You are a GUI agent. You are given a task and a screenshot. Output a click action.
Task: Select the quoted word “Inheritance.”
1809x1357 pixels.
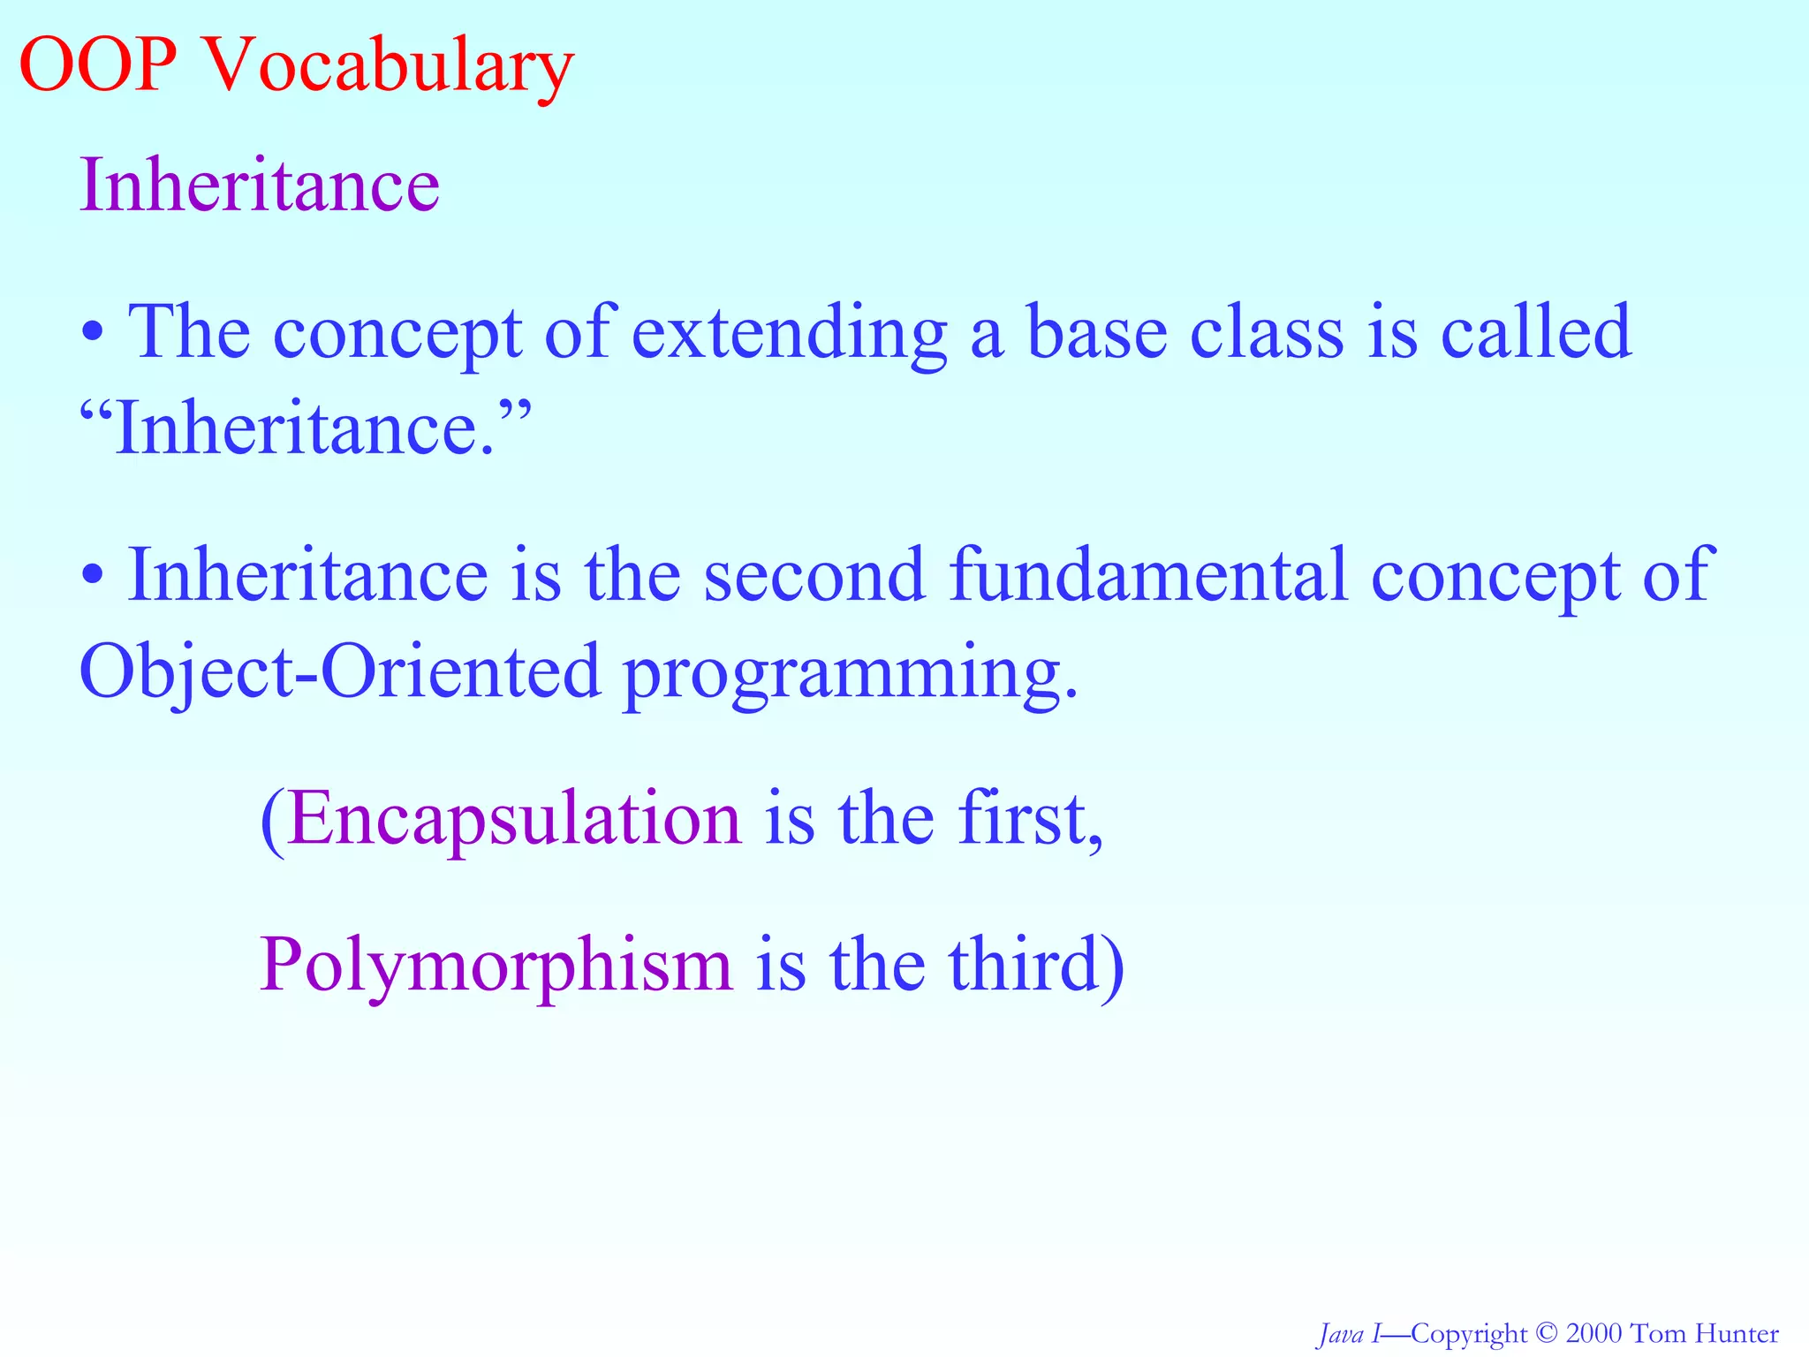(x=305, y=428)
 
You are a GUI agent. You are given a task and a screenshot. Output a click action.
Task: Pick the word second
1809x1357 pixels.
(x=814, y=576)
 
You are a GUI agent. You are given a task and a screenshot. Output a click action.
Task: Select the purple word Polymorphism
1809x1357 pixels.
(x=496, y=965)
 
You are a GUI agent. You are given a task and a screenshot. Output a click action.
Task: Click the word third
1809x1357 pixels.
(x=1025, y=965)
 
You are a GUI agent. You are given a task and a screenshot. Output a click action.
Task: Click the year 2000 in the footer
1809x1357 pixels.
(x=1593, y=1333)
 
